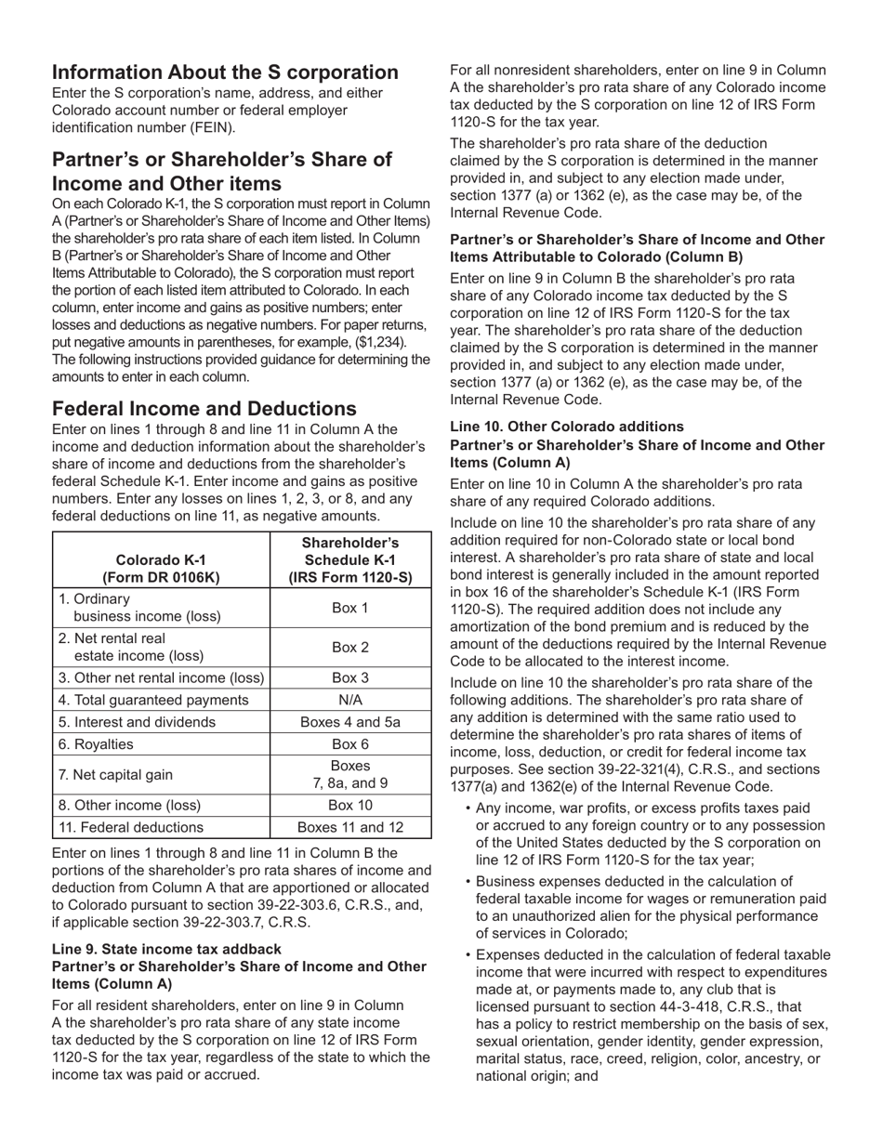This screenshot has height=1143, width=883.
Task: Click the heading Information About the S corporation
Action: [x=225, y=72]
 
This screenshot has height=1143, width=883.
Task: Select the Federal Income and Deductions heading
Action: [x=204, y=409]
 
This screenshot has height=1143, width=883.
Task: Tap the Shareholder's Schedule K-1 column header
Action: [x=349, y=559]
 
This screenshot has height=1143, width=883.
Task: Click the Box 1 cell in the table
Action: [x=349, y=608]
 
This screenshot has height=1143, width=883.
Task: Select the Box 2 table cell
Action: [x=349, y=647]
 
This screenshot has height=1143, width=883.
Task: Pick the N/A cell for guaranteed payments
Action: [x=349, y=700]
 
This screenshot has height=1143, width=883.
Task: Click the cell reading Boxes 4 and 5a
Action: [x=349, y=722]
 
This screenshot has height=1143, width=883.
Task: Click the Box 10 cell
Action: [x=349, y=806]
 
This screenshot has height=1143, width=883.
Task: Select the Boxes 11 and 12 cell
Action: [x=349, y=827]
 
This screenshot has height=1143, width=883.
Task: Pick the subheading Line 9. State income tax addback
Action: [x=167, y=949]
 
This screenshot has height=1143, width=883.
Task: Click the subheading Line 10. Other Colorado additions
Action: [x=567, y=427]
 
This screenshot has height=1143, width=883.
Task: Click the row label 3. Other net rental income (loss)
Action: [x=161, y=677]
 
